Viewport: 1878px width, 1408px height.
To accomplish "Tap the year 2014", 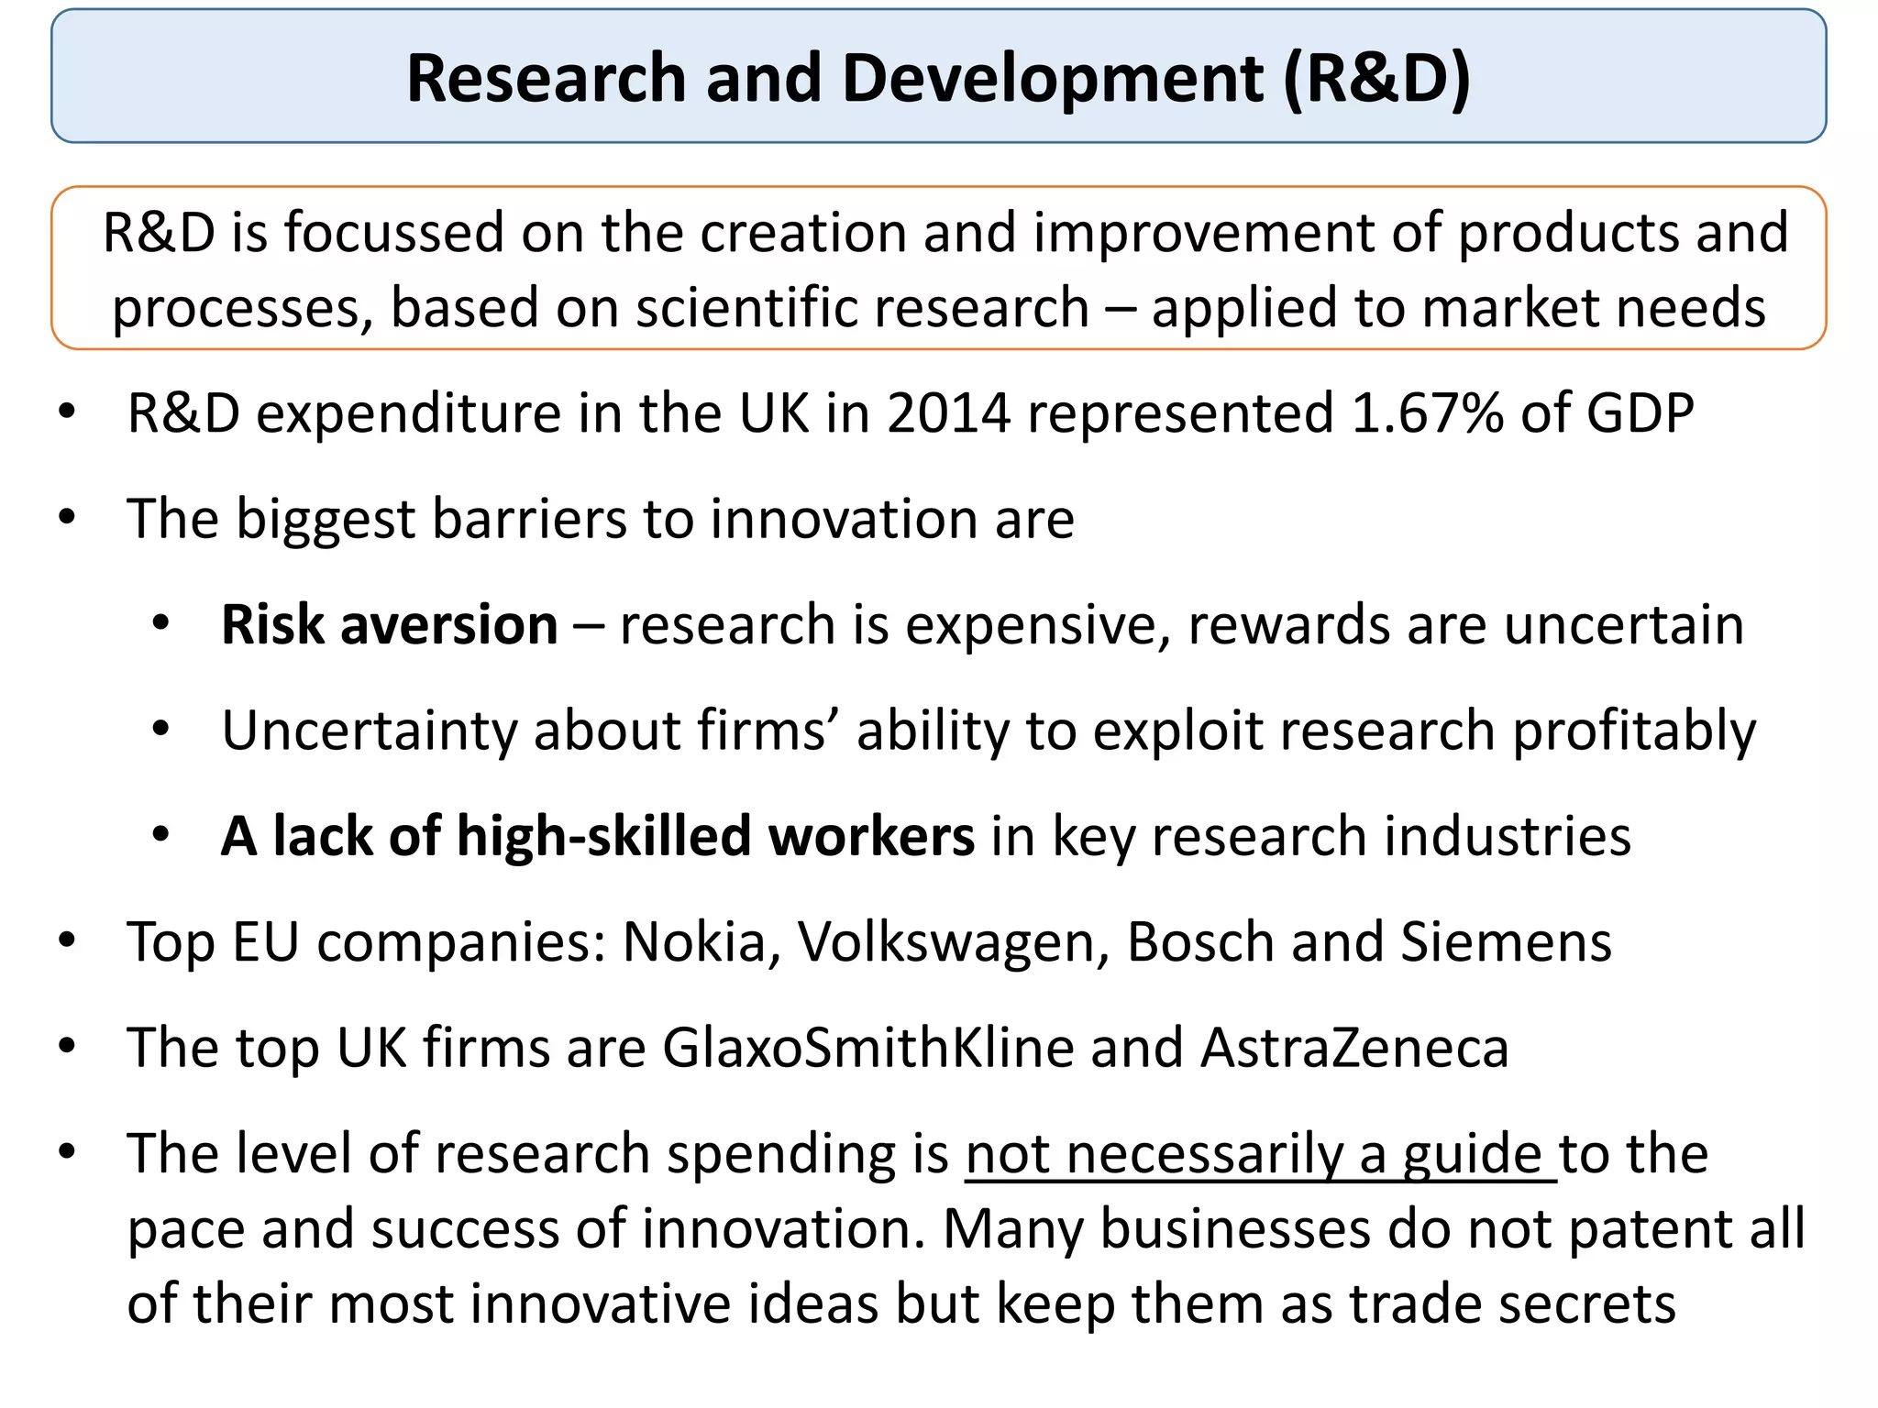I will [x=948, y=413].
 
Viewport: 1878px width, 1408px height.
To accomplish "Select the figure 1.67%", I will [x=1428, y=413].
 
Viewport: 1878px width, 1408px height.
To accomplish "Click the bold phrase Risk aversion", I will [x=390, y=625].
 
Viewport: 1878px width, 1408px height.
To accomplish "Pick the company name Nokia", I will [x=694, y=942].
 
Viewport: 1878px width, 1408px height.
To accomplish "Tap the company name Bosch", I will [x=1200, y=942].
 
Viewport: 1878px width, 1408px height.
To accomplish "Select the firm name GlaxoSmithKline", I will [x=867, y=1048].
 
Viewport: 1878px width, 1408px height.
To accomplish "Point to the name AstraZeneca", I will [x=1354, y=1048].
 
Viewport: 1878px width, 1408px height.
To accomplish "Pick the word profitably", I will [x=1634, y=731].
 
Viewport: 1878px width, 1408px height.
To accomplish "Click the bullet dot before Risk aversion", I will [x=161, y=625].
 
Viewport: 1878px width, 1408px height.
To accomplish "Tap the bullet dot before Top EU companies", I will [x=67, y=941].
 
